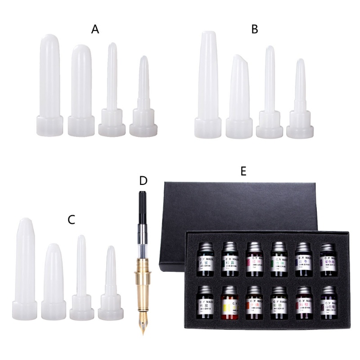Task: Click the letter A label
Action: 95,30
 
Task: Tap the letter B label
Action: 255,30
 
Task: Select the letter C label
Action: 71,220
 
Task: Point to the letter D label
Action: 143,181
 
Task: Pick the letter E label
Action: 243,171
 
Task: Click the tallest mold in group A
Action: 49,85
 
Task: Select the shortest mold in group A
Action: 144,99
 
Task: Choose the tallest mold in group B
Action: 208,85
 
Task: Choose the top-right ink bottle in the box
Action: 327,258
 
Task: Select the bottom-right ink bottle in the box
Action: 327,302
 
